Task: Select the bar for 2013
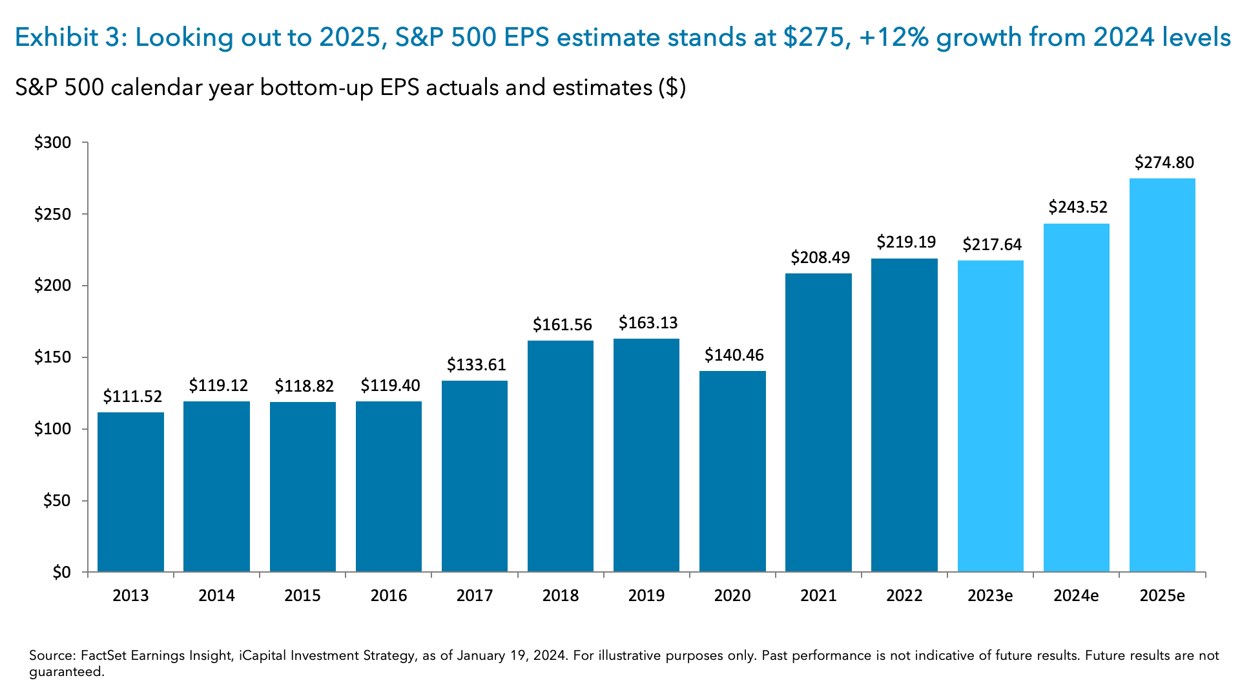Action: tap(130, 491)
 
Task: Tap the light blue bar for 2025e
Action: tap(1162, 375)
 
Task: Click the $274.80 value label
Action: tap(1164, 162)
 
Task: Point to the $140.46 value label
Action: tap(734, 355)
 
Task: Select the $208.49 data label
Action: tap(820, 257)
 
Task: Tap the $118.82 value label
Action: tap(304, 386)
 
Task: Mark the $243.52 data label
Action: tap(1078, 207)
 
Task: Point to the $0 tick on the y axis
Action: tap(61, 573)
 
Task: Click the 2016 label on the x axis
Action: tap(389, 595)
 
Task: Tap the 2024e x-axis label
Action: tap(1076, 595)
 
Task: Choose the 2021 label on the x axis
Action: tap(818, 595)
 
